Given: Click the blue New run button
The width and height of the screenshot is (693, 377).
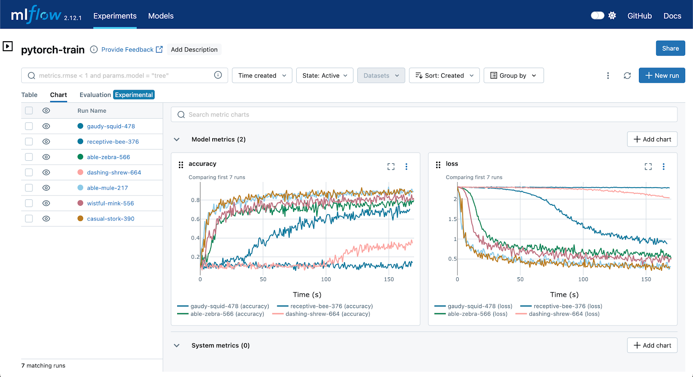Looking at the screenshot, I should (661, 75).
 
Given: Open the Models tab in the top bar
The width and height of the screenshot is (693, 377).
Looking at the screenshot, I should (161, 16).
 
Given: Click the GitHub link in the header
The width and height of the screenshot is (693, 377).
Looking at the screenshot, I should (639, 16).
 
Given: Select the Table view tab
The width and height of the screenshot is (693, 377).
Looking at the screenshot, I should (29, 95).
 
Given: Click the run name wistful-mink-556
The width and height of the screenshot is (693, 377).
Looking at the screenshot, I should (110, 203).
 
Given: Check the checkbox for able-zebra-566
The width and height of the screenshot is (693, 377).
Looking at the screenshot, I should (29, 157).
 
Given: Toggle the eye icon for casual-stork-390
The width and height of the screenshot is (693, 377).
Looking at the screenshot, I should (46, 219).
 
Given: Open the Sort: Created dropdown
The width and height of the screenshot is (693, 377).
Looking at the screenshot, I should (444, 75).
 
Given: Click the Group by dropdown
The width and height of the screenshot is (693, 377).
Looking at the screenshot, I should (513, 75).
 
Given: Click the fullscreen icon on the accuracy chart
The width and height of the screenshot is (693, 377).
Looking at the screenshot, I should (391, 166).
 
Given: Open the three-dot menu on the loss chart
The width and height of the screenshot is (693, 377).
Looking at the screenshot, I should (663, 166).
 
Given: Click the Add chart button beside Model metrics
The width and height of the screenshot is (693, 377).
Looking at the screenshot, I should (652, 140).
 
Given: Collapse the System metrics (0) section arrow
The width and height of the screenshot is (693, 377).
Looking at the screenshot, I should (177, 345).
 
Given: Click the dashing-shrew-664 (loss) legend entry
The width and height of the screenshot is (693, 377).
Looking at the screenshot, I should (563, 314).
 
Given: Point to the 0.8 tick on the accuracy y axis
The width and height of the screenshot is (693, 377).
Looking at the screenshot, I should (195, 200).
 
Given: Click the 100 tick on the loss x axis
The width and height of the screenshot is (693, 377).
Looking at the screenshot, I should (583, 279).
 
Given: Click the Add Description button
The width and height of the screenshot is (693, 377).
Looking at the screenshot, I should (194, 49).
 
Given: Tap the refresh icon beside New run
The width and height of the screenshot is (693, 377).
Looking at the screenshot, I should (627, 75).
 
